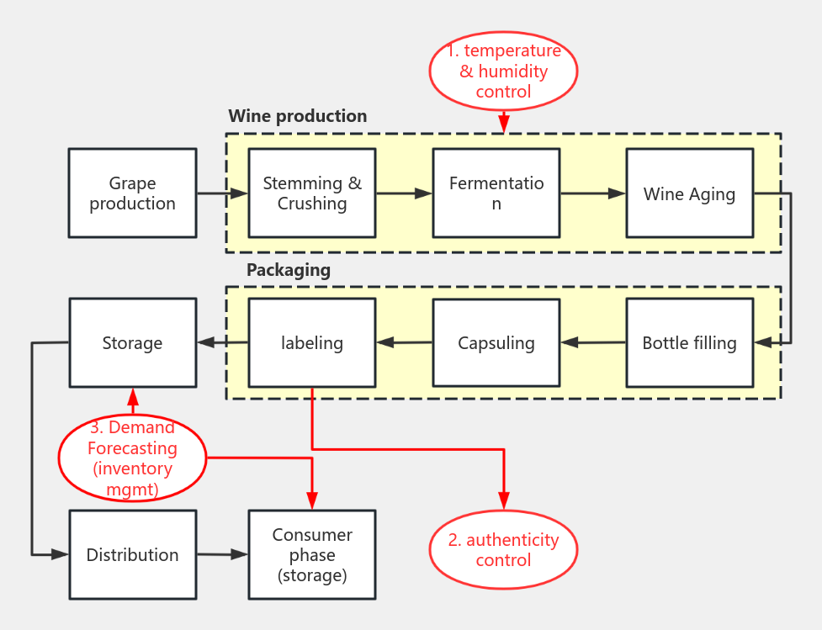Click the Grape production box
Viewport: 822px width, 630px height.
132,193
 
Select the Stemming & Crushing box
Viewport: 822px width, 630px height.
312,193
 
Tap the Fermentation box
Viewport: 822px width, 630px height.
496,193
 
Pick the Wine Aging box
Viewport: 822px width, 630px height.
689,193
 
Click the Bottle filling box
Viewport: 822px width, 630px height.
689,343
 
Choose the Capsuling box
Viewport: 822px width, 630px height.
496,343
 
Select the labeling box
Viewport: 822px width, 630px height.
312,343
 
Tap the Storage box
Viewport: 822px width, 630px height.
132,343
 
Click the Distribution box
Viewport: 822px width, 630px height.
132,555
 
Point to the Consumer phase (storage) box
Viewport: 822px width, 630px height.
312,555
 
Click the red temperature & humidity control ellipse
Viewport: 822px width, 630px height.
503,71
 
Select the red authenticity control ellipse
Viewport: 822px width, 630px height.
503,550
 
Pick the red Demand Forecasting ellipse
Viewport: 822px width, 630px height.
132,458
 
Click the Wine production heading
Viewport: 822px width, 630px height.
297,116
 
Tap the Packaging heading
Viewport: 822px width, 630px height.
288,270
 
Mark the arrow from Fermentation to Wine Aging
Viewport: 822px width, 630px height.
592,193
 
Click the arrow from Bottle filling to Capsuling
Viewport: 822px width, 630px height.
592,342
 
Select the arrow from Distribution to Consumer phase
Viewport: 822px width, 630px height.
222,554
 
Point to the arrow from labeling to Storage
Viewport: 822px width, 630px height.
222,342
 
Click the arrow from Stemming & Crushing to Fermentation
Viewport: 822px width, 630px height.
404,193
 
